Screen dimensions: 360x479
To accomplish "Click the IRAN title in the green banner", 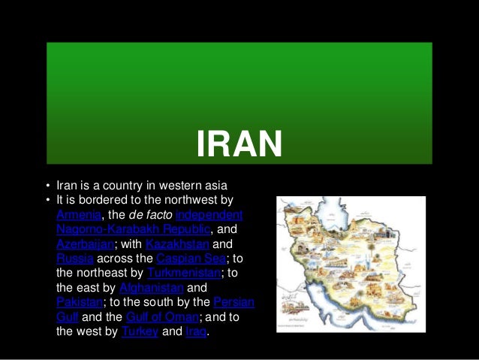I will (x=239, y=144).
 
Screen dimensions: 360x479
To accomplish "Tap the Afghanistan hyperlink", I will (x=151, y=288).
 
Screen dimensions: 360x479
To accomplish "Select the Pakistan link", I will (x=78, y=302).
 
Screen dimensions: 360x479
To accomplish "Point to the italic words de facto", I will (x=150, y=215).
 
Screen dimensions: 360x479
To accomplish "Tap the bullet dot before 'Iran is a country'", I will (x=47, y=186).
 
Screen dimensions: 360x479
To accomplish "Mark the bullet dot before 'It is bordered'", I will (x=47, y=201).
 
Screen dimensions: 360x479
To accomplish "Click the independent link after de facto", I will (x=209, y=215).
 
